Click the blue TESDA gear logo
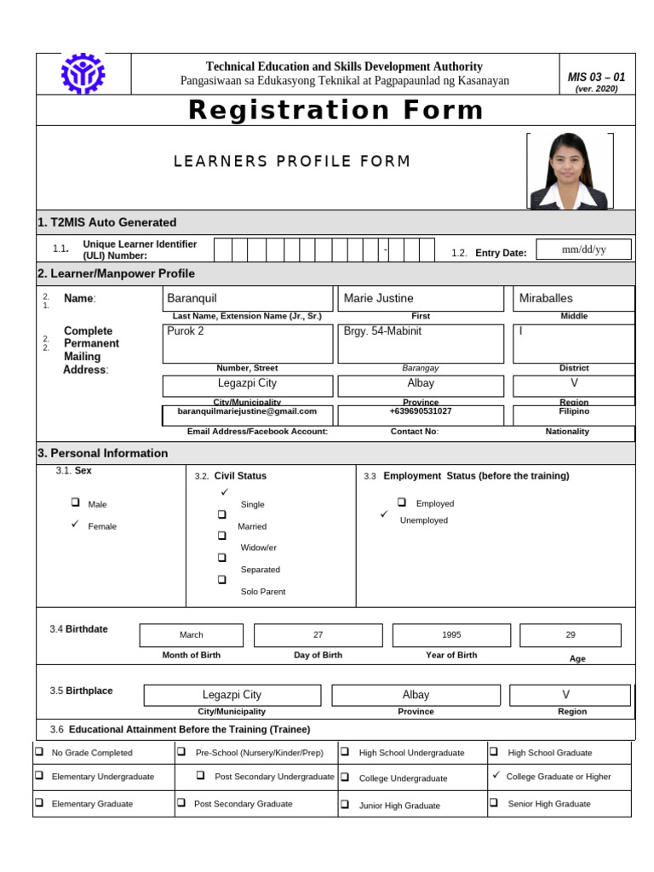pos(83,74)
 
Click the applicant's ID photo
pos(569,171)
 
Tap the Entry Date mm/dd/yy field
pos(584,250)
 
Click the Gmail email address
pos(247,411)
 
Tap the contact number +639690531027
pos(421,411)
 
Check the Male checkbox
pos(76,503)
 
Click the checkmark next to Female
pos(75,525)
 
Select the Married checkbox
pos(221,515)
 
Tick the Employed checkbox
pos(402,502)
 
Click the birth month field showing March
pos(192,634)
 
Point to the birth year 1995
pos(451,634)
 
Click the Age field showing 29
pos(571,634)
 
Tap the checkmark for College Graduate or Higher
pos(496,775)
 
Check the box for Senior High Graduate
pos(494,802)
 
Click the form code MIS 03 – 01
pos(596,77)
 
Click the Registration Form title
pos(336,110)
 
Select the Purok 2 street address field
pos(247,343)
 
